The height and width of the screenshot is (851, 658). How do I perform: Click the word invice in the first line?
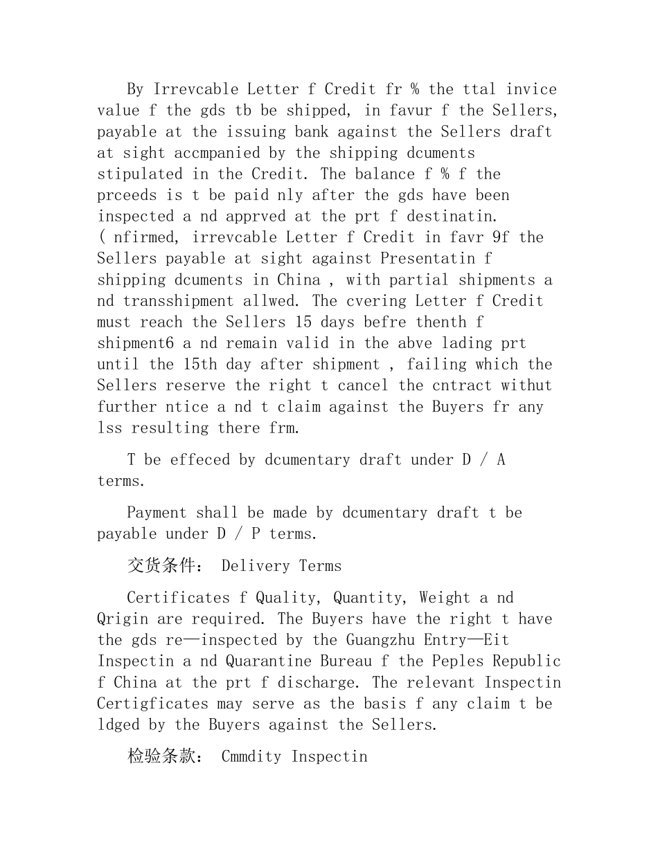pyautogui.click(x=531, y=89)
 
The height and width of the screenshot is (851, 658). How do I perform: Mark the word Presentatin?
pyautogui.click(x=427, y=258)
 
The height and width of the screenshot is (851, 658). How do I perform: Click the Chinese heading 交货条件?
pyautogui.click(x=161, y=566)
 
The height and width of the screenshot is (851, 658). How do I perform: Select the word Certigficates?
pyautogui.click(x=152, y=704)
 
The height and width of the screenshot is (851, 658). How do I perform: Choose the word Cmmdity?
pyautogui.click(x=251, y=756)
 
